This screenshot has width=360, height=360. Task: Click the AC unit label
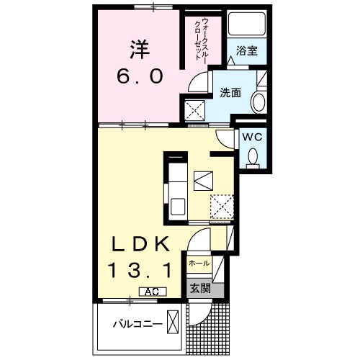click(x=152, y=292)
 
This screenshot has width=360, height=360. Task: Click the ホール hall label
click(x=199, y=264)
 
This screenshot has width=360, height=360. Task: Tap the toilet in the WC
click(x=252, y=156)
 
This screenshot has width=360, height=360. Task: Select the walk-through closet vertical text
click(x=200, y=40)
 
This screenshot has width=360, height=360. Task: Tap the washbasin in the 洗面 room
click(x=257, y=103)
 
